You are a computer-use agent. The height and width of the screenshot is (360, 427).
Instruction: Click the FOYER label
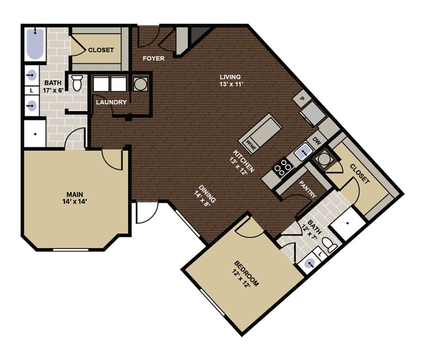(153, 58)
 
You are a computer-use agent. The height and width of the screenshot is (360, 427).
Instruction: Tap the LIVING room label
(230, 77)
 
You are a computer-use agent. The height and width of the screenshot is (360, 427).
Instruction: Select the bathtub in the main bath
(35, 44)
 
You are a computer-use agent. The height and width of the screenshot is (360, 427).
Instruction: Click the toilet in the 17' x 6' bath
(77, 83)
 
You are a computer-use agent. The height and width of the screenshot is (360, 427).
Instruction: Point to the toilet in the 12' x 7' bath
(329, 245)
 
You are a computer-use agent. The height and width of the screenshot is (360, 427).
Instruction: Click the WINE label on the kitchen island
(251, 148)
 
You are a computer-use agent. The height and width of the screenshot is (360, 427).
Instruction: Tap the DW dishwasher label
(316, 140)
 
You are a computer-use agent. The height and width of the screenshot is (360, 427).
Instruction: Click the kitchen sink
(303, 151)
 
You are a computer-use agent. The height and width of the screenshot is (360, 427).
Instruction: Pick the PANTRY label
(308, 189)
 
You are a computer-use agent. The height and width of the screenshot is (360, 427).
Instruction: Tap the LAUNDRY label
(111, 102)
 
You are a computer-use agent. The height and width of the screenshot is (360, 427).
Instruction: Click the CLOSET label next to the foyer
(101, 50)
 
